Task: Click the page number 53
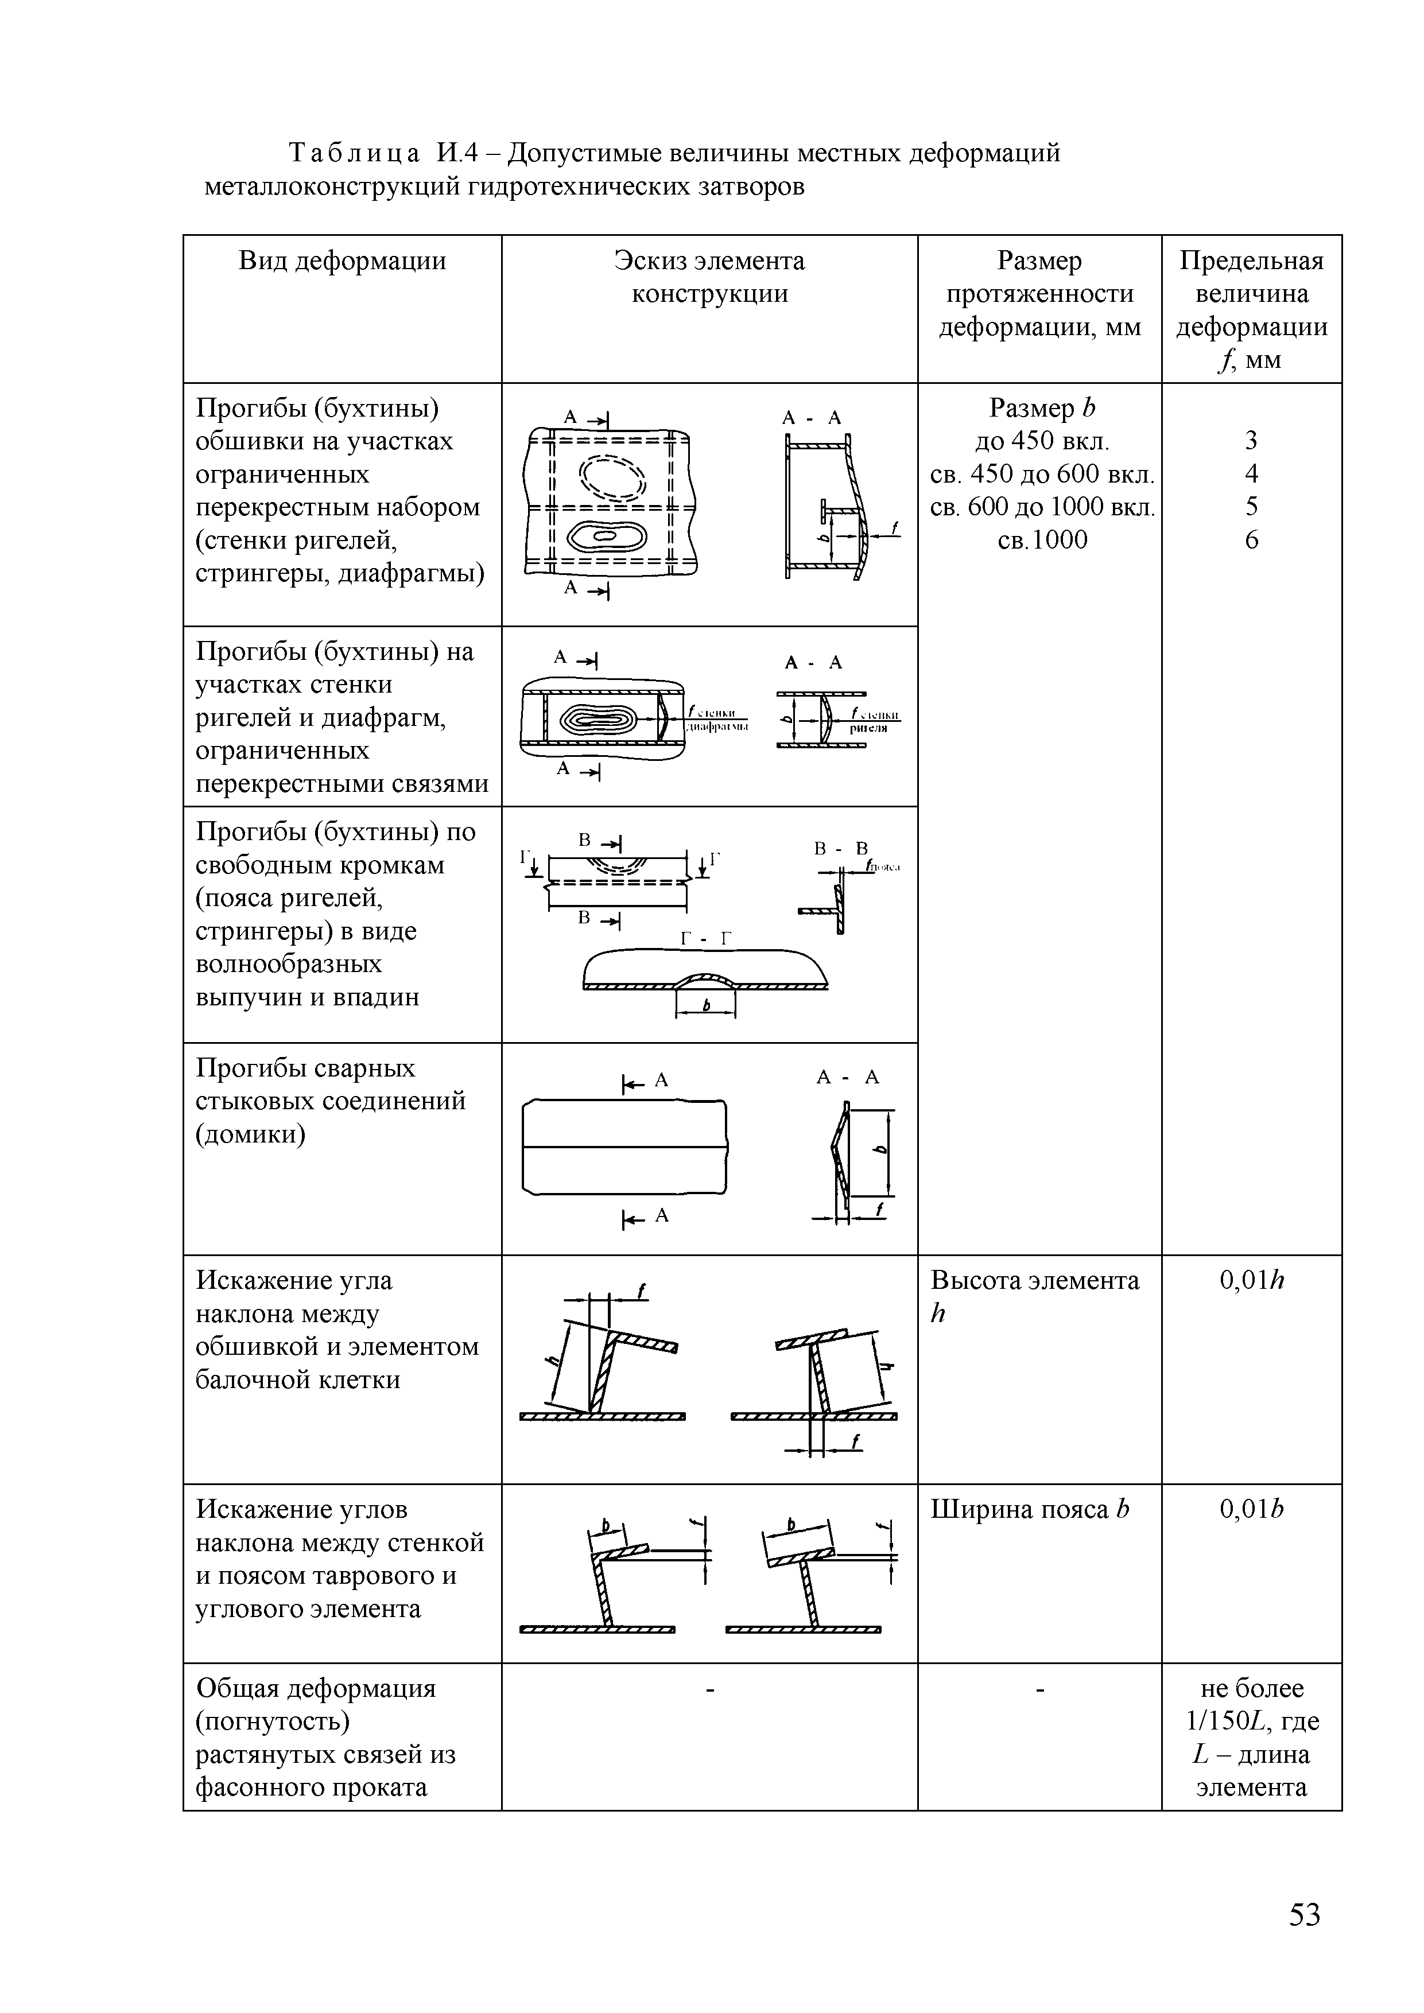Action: (x=1304, y=1914)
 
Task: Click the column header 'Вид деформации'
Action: (x=342, y=261)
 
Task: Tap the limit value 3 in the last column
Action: (x=1251, y=440)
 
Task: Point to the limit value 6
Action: (x=1251, y=540)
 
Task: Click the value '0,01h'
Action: (x=1251, y=1281)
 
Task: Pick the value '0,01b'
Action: (x=1251, y=1510)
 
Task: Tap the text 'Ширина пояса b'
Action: (x=1030, y=1510)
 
